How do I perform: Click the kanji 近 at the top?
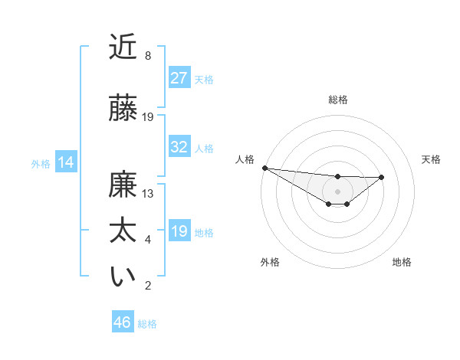coord(123,47)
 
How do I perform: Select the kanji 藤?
coord(123,108)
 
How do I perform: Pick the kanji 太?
coord(123,232)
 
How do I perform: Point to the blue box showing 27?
coord(179,78)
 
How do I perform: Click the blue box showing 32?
coord(179,148)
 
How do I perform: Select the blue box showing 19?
coord(179,231)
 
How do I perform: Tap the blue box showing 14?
coord(66,163)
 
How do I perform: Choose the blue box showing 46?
coord(123,322)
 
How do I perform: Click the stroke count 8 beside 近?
coord(147,56)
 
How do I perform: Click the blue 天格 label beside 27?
coord(204,79)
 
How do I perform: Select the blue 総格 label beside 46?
coord(147,324)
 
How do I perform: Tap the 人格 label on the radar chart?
coord(245,159)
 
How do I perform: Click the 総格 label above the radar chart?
coord(337,100)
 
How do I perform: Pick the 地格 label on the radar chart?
coord(402,262)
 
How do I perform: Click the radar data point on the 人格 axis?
coord(264,168)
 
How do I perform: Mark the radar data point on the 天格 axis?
coord(382,177)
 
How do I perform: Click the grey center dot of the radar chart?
coord(337,191)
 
